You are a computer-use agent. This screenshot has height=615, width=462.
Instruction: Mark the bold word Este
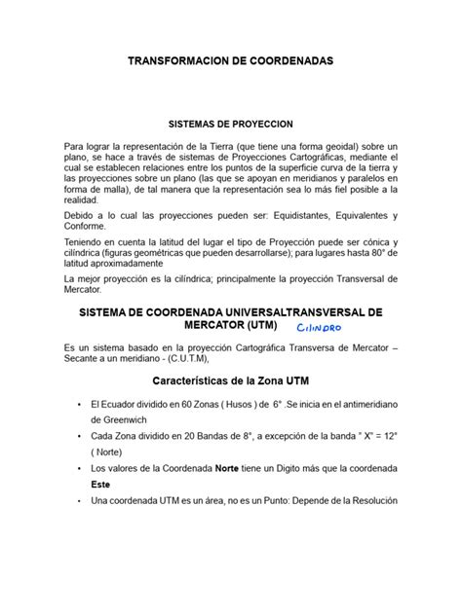[99, 484]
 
